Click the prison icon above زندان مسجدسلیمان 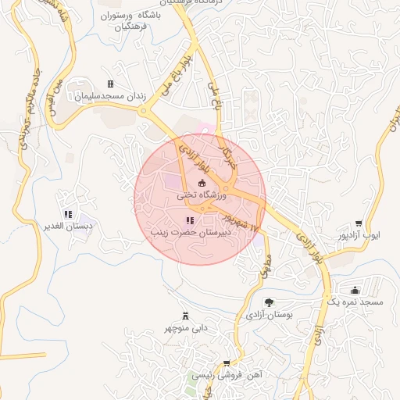pyautogui.click(x=110, y=84)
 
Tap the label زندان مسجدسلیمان pyautogui.click(x=110, y=96)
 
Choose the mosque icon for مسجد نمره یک pyautogui.click(x=355, y=290)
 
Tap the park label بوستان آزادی pyautogui.click(x=269, y=316)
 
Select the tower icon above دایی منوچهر pyautogui.click(x=186, y=316)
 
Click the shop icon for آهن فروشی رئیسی pyautogui.click(x=227, y=363)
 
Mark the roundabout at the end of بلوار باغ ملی pyautogui.click(x=143, y=111)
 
